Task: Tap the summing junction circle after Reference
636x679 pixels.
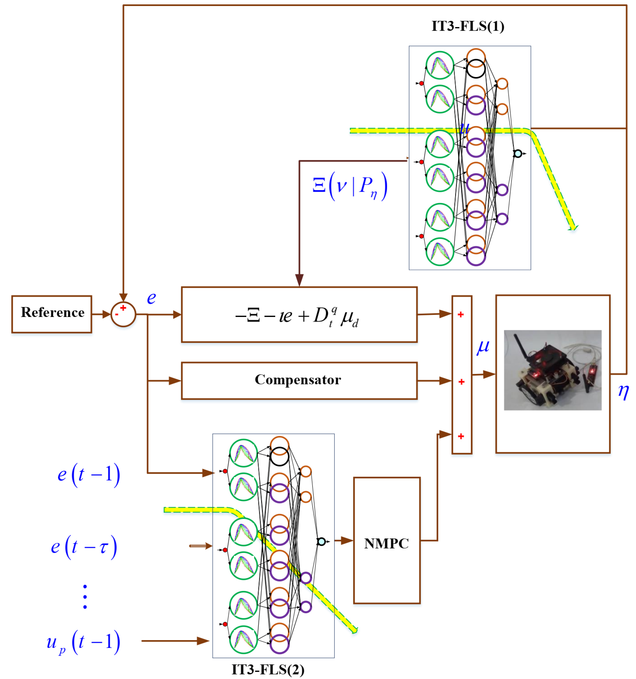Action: (123, 314)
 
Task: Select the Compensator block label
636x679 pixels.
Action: (298, 380)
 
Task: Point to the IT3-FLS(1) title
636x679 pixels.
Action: (468, 26)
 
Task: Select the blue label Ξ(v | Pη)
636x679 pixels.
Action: (350, 186)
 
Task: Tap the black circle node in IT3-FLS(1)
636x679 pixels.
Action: (476, 69)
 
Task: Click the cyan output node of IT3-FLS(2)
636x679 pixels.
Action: (321, 541)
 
